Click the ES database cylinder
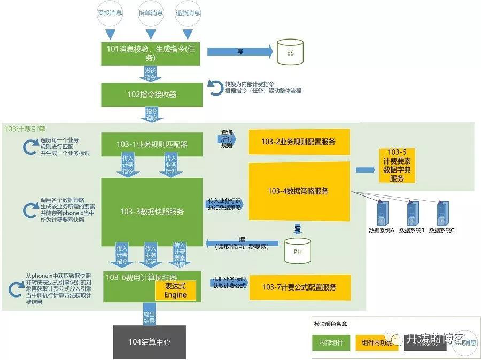tap(290, 52)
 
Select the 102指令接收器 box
tap(151, 95)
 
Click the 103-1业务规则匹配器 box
tap(151, 144)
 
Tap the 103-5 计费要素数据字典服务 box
tap(397, 166)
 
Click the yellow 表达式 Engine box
tap(175, 291)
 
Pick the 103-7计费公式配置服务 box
tap(299, 287)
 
